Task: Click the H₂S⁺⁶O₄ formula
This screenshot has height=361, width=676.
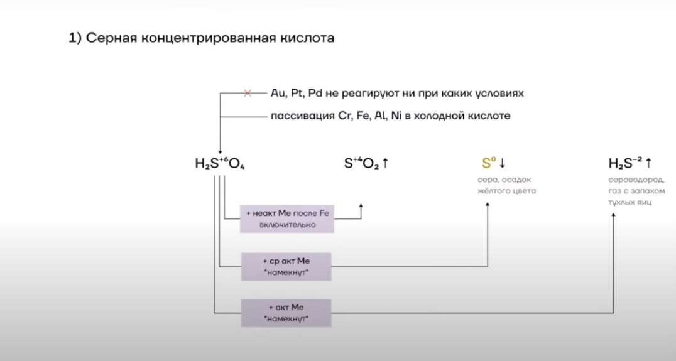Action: (220, 164)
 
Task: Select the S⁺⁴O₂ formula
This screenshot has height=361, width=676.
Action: (361, 164)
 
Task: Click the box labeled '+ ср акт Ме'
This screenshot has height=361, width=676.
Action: (286, 266)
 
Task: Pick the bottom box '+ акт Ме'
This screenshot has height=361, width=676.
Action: (286, 313)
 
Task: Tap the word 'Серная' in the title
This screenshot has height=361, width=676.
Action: (111, 38)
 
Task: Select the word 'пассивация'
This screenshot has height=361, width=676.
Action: (298, 116)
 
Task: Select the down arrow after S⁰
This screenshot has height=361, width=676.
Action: (503, 164)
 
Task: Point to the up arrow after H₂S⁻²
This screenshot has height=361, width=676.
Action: (648, 164)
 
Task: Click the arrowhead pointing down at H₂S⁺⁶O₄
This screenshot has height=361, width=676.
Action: (220, 150)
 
